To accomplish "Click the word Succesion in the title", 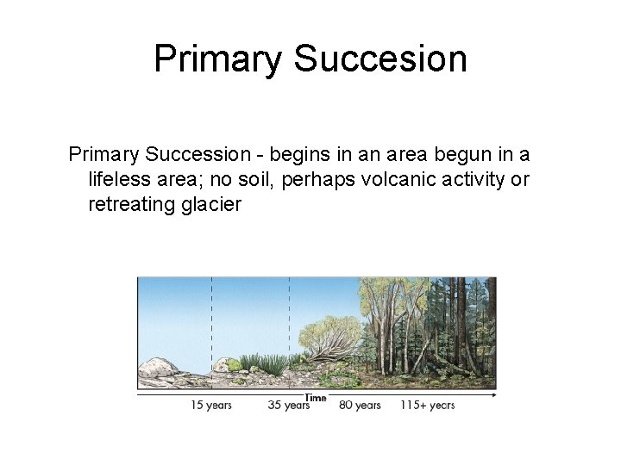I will [x=380, y=59].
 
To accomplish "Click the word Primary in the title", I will [x=218, y=59].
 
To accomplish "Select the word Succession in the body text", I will [x=197, y=155].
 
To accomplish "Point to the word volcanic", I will [x=395, y=179].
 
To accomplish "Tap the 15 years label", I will [x=211, y=405].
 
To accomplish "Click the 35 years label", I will [x=288, y=405].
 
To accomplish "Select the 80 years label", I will [x=360, y=405].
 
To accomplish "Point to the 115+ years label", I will [x=427, y=405].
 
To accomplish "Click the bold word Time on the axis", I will [x=316, y=397].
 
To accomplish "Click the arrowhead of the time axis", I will [x=493, y=395].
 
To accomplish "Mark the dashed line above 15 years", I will [x=211, y=319].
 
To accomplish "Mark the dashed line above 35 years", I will [x=289, y=319].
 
